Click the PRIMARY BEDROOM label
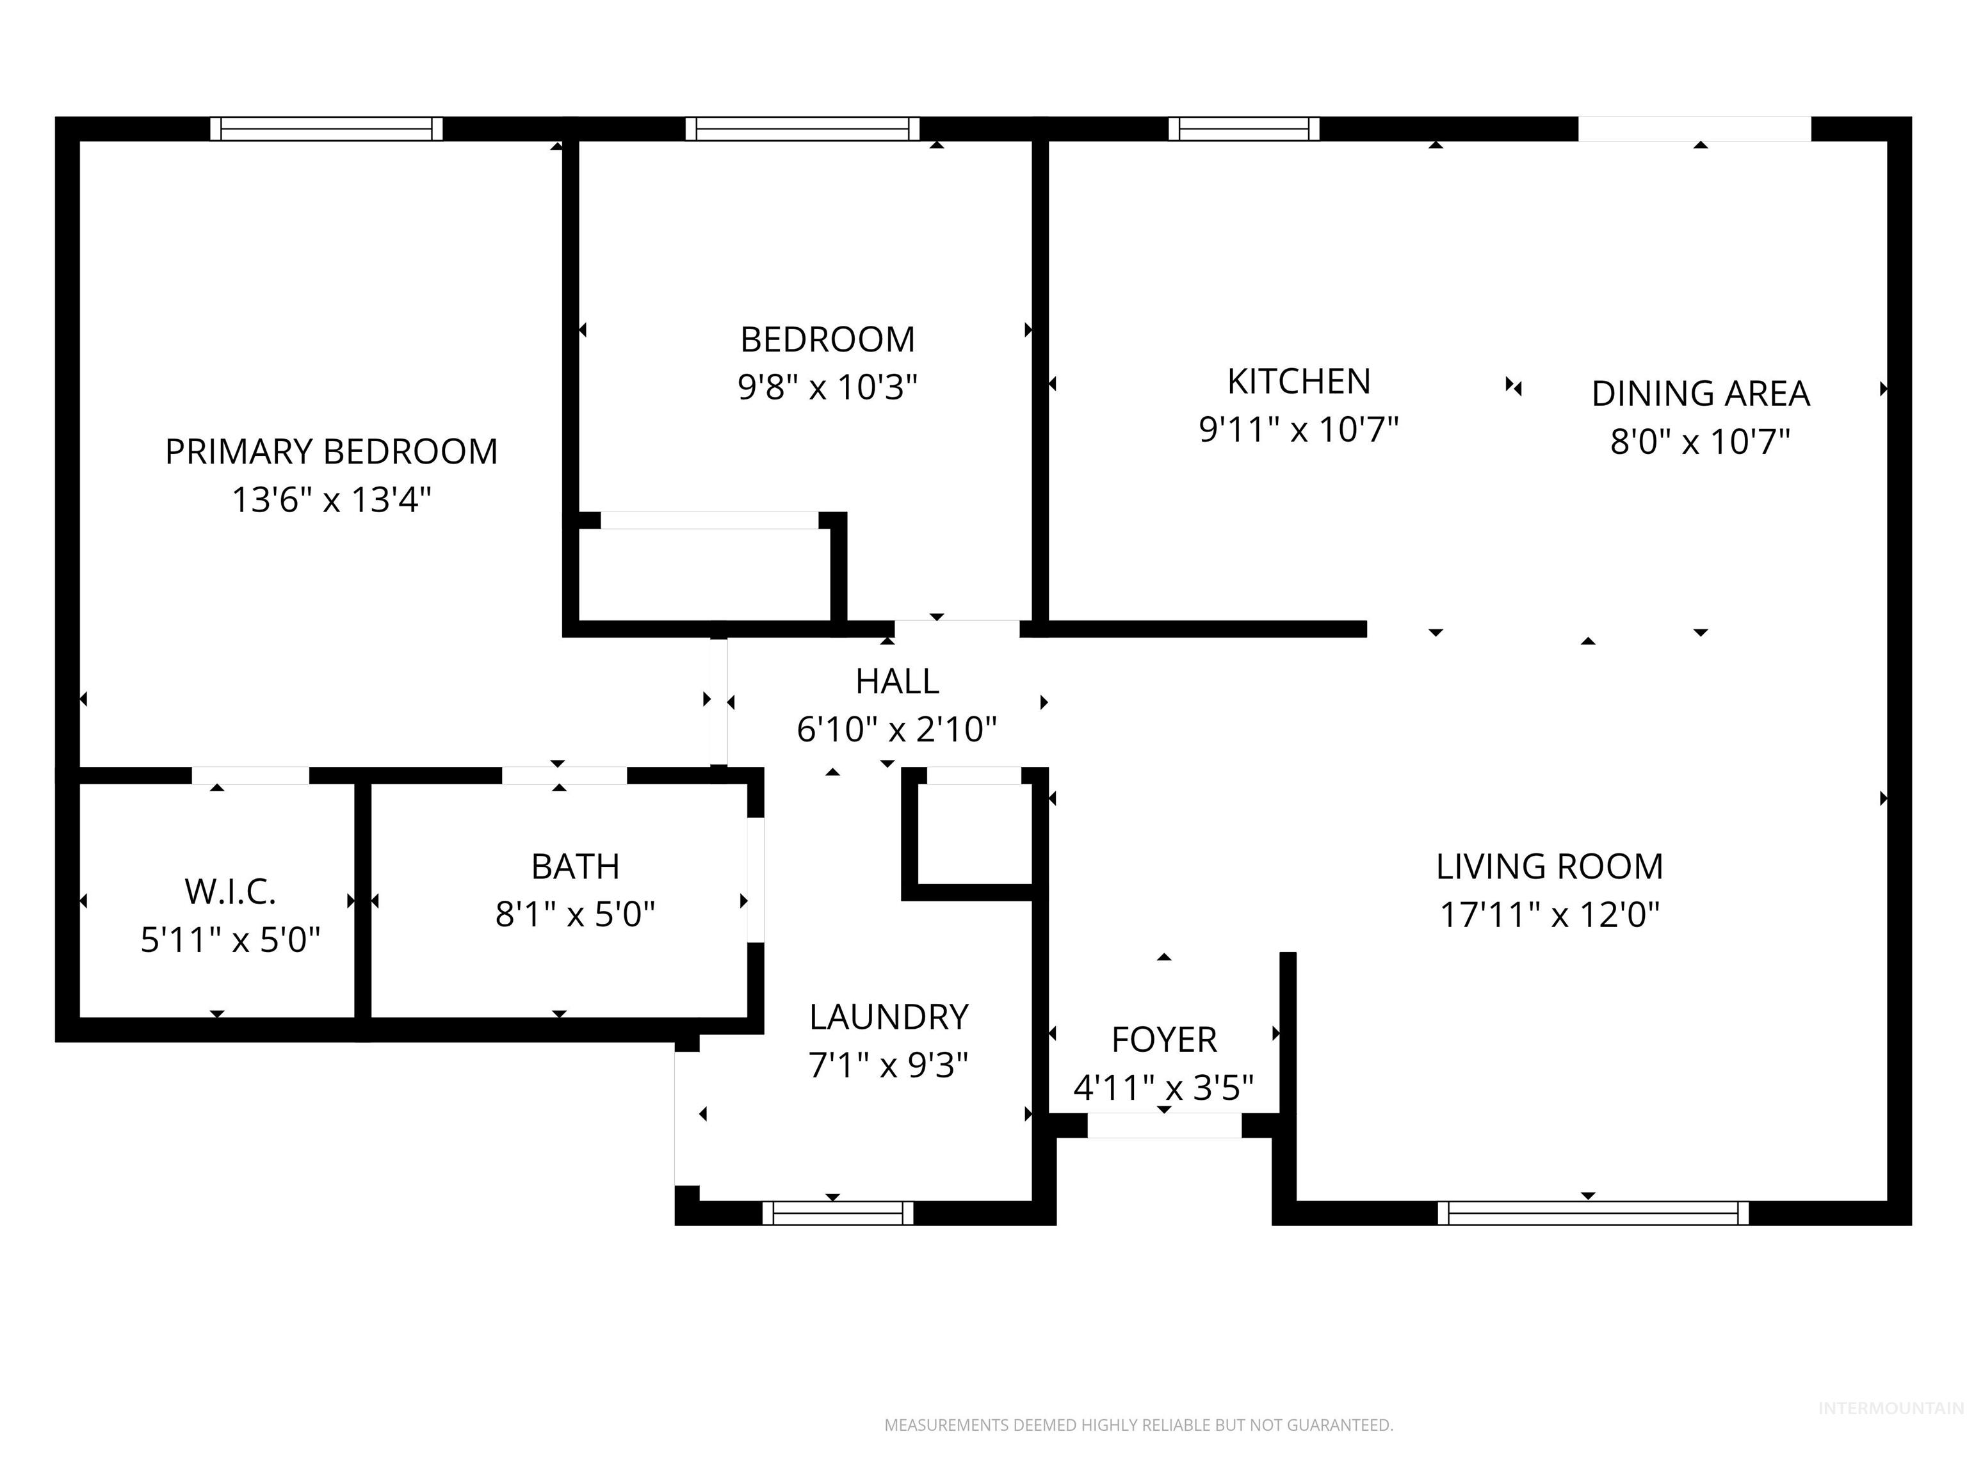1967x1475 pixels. (x=331, y=452)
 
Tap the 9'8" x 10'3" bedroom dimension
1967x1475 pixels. (x=827, y=388)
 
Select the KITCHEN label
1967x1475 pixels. (x=1299, y=382)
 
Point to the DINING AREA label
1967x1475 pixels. (x=1700, y=394)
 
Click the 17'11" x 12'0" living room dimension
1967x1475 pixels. (x=1549, y=915)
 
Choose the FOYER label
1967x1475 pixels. (x=1163, y=1039)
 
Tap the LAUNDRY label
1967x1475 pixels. (x=888, y=1016)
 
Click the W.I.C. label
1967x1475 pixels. (x=231, y=892)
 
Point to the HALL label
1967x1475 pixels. (x=896, y=681)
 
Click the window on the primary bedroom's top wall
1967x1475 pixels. (x=327, y=129)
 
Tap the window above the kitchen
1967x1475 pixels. (x=1243, y=129)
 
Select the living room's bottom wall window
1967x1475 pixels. (x=1592, y=1213)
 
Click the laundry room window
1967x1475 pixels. (x=838, y=1213)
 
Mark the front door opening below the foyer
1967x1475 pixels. (x=1164, y=1125)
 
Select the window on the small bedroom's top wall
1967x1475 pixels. (x=802, y=129)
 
